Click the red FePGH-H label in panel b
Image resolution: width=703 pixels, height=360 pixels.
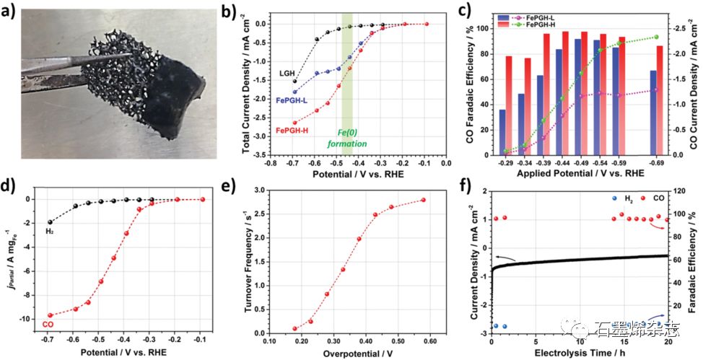[x=293, y=130]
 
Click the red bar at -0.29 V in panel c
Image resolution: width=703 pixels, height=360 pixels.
[x=510, y=105]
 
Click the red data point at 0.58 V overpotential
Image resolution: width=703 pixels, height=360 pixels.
[x=423, y=200]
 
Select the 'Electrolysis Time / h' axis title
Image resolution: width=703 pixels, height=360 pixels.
[x=580, y=354]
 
